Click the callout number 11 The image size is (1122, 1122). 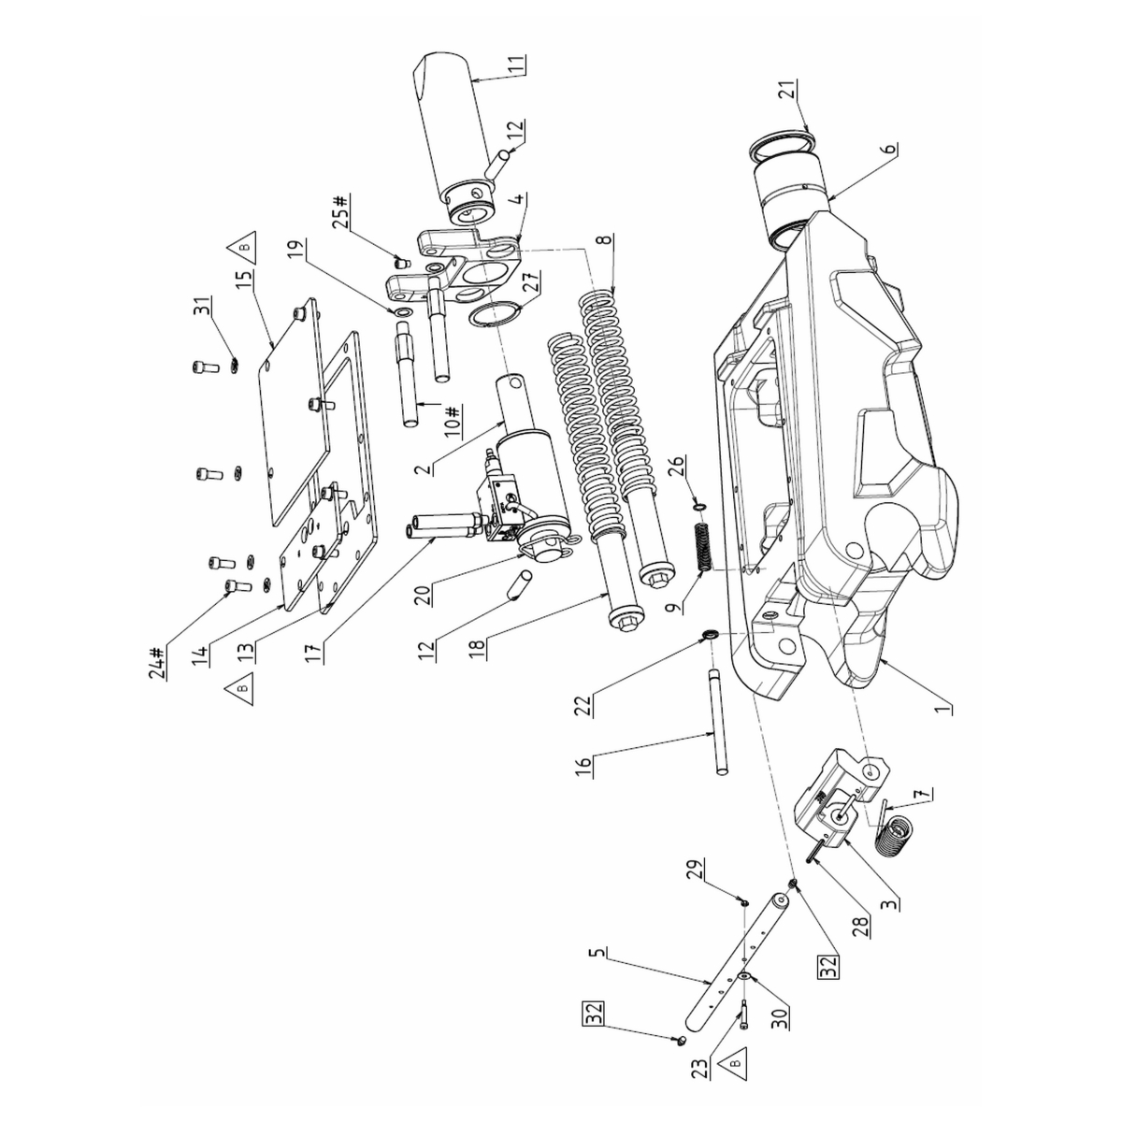point(516,70)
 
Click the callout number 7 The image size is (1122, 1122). point(925,795)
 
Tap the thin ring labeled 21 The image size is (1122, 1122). point(784,142)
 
